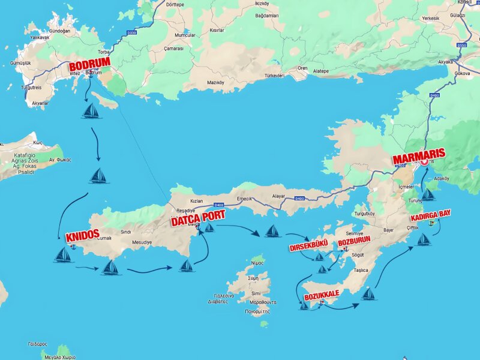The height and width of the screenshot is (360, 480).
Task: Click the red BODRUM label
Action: pyautogui.click(x=89, y=66)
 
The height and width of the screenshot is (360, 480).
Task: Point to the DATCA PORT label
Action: pyautogui.click(x=198, y=218)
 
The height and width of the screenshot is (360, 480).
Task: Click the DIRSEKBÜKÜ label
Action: pyautogui.click(x=308, y=247)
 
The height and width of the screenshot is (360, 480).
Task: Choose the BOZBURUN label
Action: pyautogui.click(x=354, y=240)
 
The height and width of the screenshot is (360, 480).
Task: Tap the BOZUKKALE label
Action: pyautogui.click(x=322, y=296)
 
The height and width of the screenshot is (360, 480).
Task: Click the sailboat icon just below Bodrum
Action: pyautogui.click(x=91, y=111)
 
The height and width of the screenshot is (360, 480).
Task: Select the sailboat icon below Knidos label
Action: pyautogui.click(x=63, y=255)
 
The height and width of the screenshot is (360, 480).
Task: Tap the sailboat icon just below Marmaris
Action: pyautogui.click(x=428, y=194)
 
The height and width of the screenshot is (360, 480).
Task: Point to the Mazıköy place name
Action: pyautogui.click(x=215, y=82)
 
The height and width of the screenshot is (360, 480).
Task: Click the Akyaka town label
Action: pyautogui.click(x=446, y=62)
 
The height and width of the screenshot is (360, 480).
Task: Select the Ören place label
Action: pyautogui.click(x=302, y=68)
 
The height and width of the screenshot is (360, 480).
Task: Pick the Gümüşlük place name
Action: pyautogui.click(x=20, y=63)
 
